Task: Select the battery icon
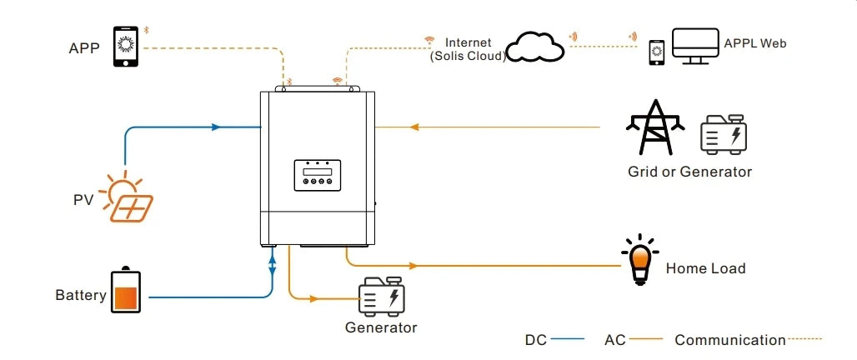coord(127,290)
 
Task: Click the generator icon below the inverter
coord(382,296)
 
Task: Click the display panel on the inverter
coord(317,174)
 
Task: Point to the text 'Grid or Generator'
coord(689,172)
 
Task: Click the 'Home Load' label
coord(705,268)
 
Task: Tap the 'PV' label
coord(83,202)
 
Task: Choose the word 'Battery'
coord(81,295)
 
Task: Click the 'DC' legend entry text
coord(535,340)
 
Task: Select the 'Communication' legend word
coord(729,340)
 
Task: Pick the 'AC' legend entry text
coord(614,340)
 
